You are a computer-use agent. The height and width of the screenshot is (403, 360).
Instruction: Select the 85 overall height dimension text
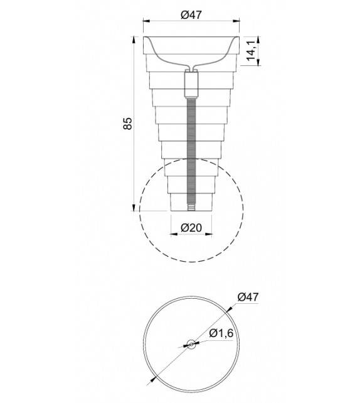127,123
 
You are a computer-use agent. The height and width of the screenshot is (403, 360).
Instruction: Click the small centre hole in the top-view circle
191,343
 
